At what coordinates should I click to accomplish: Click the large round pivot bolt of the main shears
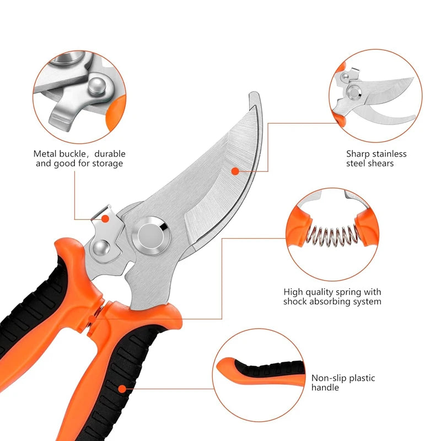(151, 236)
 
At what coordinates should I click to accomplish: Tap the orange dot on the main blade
(235, 171)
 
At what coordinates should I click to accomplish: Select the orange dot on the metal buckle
(105, 219)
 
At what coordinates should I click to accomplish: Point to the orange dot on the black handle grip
(122, 389)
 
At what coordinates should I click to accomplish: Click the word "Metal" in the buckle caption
(45, 154)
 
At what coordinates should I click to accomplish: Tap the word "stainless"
(390, 154)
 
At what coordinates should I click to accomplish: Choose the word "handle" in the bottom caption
(325, 388)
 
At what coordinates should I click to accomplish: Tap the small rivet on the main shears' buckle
(101, 249)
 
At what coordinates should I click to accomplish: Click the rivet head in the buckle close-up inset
(98, 87)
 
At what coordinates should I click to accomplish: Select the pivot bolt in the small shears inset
(354, 92)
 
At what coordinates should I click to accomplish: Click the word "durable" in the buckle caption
(110, 154)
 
